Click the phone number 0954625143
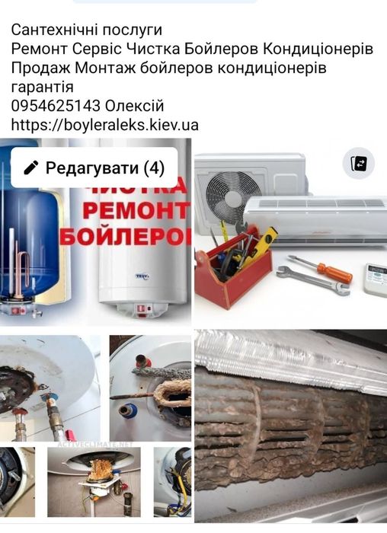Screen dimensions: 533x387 click(x=56, y=106)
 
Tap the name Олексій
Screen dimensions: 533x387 click(x=134, y=106)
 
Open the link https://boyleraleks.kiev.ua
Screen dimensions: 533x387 click(x=104, y=125)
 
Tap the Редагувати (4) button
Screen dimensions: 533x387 click(x=94, y=168)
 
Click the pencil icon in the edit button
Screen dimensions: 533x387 click(x=31, y=168)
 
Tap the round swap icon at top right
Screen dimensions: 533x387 click(x=358, y=164)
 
